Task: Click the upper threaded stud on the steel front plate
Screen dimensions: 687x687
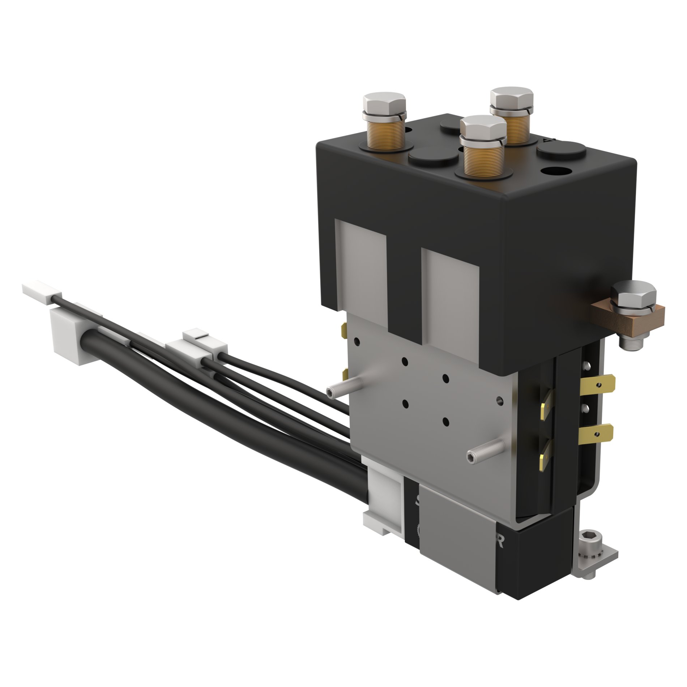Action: pyautogui.click(x=340, y=390)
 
